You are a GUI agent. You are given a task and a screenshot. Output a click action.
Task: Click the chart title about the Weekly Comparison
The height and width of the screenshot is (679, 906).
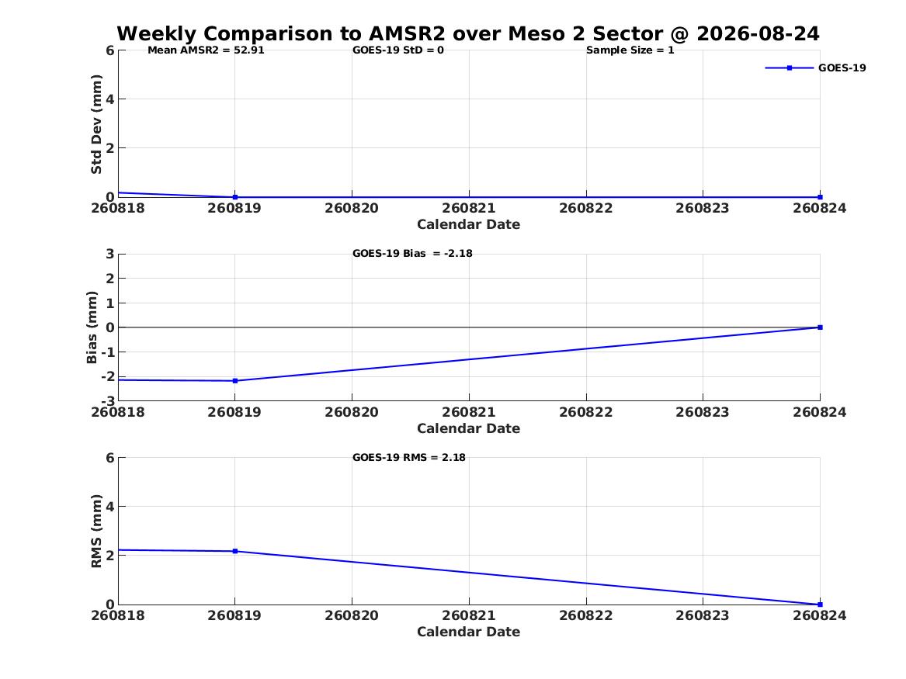click(468, 33)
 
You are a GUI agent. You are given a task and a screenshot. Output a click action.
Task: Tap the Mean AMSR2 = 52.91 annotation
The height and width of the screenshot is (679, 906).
click(206, 50)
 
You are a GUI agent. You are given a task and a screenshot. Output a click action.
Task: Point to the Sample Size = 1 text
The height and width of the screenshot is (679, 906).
click(630, 50)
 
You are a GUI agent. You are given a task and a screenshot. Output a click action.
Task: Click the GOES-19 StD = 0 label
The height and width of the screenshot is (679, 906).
click(398, 50)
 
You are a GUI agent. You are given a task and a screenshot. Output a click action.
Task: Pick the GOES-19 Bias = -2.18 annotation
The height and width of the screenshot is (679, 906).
click(412, 254)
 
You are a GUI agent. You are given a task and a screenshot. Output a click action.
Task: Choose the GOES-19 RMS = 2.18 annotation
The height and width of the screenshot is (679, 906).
click(409, 457)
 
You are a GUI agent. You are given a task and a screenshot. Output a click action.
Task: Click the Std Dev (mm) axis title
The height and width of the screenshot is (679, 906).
click(96, 124)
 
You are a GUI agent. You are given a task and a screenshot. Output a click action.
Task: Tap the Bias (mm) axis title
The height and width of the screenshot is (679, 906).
click(92, 327)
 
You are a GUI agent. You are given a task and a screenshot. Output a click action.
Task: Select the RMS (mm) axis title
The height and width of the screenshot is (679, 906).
click(96, 532)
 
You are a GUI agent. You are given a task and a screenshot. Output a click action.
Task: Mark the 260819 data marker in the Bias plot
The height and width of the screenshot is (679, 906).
click(235, 381)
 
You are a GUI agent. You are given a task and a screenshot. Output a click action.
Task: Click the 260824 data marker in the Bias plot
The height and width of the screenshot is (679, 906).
click(820, 327)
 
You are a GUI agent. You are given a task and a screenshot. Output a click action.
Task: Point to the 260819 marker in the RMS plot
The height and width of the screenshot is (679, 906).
click(235, 552)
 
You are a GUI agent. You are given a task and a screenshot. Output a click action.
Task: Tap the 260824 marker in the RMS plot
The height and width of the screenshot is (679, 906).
click(820, 605)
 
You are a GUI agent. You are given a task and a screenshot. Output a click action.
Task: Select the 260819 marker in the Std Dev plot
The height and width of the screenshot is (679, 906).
click(235, 197)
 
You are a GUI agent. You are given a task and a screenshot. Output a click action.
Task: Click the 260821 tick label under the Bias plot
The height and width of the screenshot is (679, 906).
click(469, 412)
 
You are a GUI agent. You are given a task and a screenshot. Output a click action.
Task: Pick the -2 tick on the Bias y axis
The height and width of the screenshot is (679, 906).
click(108, 376)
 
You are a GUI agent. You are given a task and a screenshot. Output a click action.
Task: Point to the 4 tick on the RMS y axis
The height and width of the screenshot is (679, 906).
click(110, 507)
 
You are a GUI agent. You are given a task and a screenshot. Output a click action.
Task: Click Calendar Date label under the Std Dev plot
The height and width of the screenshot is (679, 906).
click(469, 224)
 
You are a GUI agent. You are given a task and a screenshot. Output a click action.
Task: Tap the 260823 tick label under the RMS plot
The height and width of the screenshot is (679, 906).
click(703, 615)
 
